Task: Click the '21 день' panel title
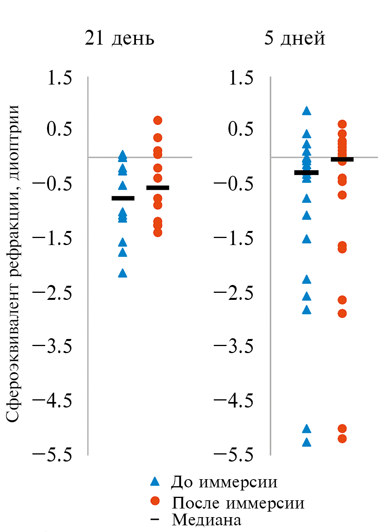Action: (119, 38)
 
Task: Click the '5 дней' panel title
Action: (295, 38)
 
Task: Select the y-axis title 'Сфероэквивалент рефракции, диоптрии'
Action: (13, 263)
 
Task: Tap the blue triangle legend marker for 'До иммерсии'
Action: (155, 482)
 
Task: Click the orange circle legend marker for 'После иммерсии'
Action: (155, 501)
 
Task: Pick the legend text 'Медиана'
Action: (206, 520)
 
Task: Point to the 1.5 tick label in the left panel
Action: (60, 78)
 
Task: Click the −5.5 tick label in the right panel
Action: (234, 455)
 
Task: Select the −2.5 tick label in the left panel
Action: (52, 293)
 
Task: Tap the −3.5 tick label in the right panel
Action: (234, 346)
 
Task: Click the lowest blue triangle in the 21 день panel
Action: (123, 273)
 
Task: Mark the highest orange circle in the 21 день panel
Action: (158, 120)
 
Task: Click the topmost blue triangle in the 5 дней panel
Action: (307, 111)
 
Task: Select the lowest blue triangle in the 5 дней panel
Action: (307, 442)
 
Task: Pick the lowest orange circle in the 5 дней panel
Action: (342, 438)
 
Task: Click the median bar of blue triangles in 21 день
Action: (123, 198)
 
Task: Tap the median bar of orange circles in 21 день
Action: (158, 188)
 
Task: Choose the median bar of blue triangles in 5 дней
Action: (306, 172)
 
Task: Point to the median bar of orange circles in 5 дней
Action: (342, 159)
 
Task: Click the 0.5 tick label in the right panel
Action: (241, 130)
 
